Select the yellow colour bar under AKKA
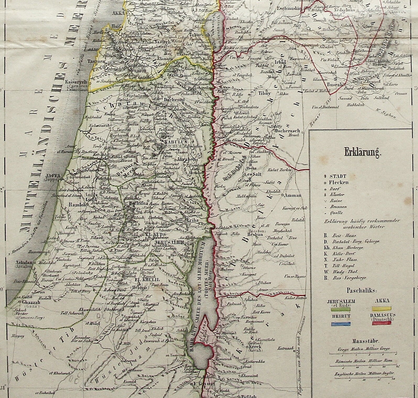click(382, 308)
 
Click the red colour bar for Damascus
click(382, 323)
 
